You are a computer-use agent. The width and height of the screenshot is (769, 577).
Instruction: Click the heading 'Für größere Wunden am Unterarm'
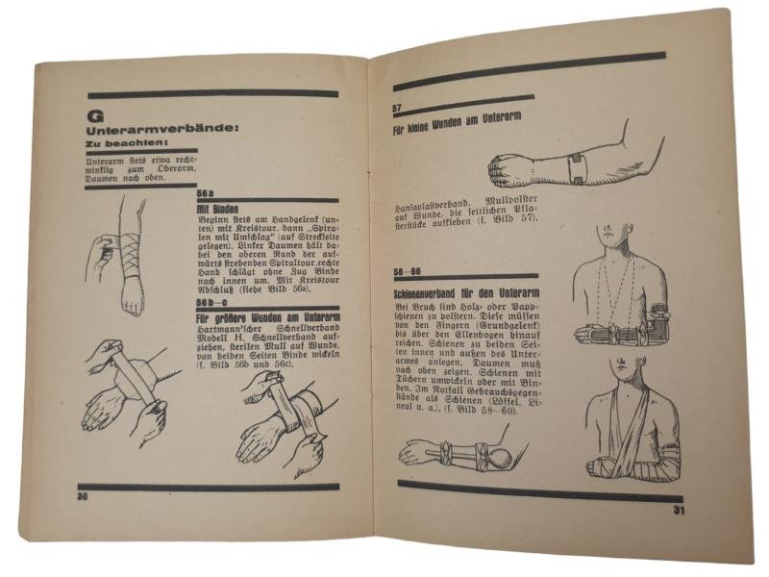[x=264, y=314]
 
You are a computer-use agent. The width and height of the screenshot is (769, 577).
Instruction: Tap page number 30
[x=83, y=496]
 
